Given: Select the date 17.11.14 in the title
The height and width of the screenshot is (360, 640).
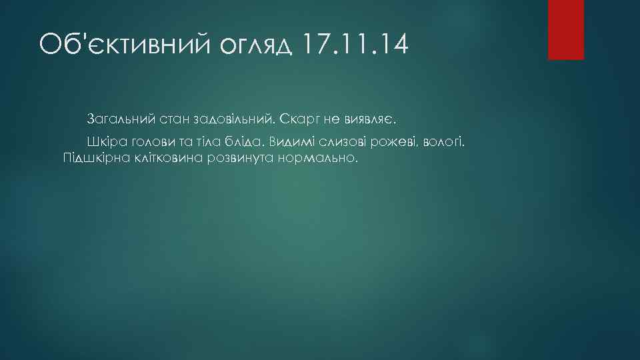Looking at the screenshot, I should pos(355,45).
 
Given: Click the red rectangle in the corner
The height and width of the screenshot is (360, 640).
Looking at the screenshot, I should pos(565,29).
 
